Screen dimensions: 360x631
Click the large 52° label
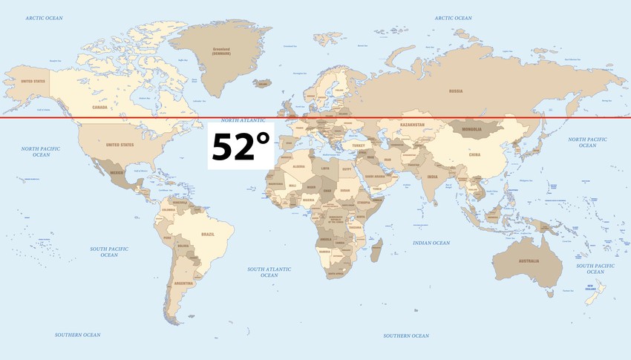tap(241, 147)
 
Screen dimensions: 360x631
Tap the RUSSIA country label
tap(456, 91)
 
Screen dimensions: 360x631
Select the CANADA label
tap(100, 107)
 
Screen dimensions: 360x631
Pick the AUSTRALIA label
tap(529, 261)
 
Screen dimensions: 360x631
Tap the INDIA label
tap(433, 177)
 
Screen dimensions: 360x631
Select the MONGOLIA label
tap(472, 130)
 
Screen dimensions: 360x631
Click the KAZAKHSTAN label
tap(412, 125)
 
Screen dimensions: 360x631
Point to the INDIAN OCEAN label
tap(431, 243)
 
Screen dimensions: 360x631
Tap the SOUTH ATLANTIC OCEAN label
tap(269, 272)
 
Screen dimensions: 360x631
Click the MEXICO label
tap(117, 172)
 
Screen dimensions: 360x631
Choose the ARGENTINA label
tap(183, 284)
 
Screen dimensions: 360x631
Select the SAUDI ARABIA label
tap(375, 176)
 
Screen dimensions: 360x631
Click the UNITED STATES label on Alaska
tap(33, 82)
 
